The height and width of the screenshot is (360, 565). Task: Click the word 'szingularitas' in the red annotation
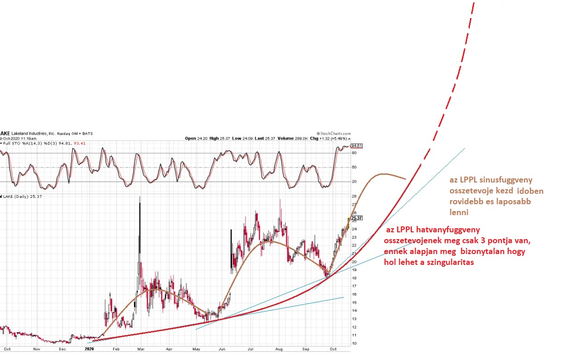(x=445, y=262)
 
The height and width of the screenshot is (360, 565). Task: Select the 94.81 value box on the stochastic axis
(x=357, y=146)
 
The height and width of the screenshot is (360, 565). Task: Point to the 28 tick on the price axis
(x=354, y=197)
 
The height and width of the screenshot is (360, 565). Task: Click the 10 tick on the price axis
(x=354, y=344)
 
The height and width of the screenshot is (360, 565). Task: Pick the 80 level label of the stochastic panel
(x=354, y=153)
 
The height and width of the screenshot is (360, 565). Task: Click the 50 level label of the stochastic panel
(x=354, y=168)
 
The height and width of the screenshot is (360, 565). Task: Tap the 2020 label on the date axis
(x=90, y=349)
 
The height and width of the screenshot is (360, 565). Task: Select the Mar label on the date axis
(x=141, y=349)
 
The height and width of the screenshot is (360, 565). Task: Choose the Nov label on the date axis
(x=37, y=349)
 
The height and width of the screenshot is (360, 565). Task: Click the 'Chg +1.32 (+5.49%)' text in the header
(x=331, y=138)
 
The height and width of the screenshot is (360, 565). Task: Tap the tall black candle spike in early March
(x=139, y=213)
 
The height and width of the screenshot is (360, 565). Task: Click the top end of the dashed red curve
(x=474, y=4)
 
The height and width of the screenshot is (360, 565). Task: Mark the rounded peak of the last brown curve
(x=384, y=174)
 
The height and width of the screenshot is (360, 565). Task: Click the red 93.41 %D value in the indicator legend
(x=80, y=143)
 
